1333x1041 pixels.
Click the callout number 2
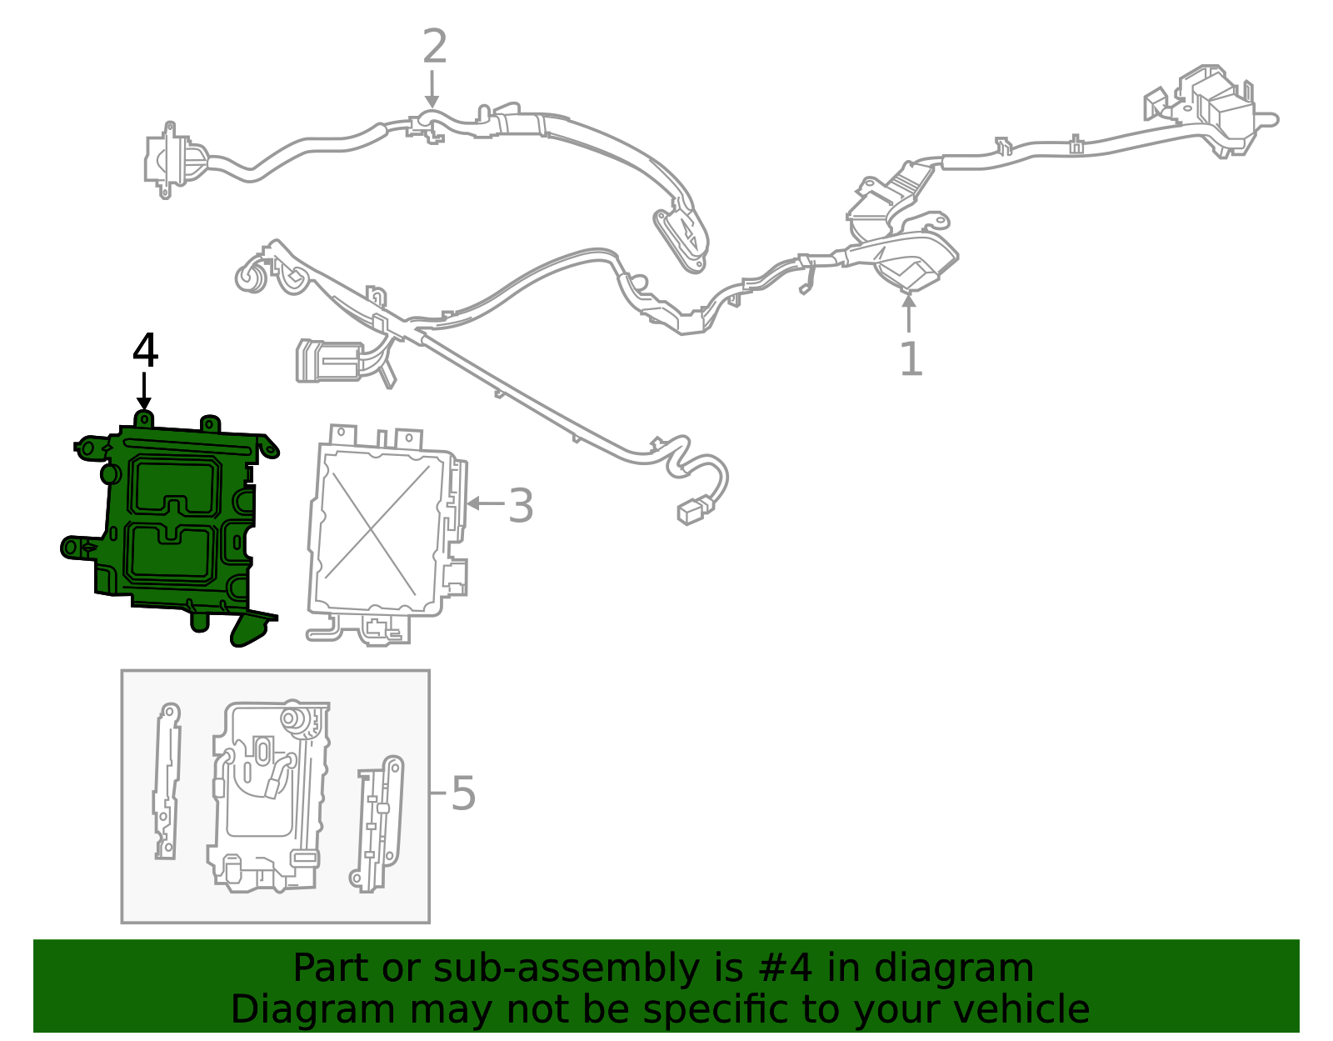[434, 47]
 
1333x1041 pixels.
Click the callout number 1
[911, 359]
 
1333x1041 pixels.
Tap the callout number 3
[521, 506]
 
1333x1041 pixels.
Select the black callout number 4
[145, 351]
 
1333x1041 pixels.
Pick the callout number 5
[463, 793]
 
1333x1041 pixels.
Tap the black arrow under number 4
[144, 391]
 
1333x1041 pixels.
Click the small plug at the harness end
[693, 510]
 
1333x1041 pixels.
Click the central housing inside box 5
[267, 796]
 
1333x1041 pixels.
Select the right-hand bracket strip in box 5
[379, 825]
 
